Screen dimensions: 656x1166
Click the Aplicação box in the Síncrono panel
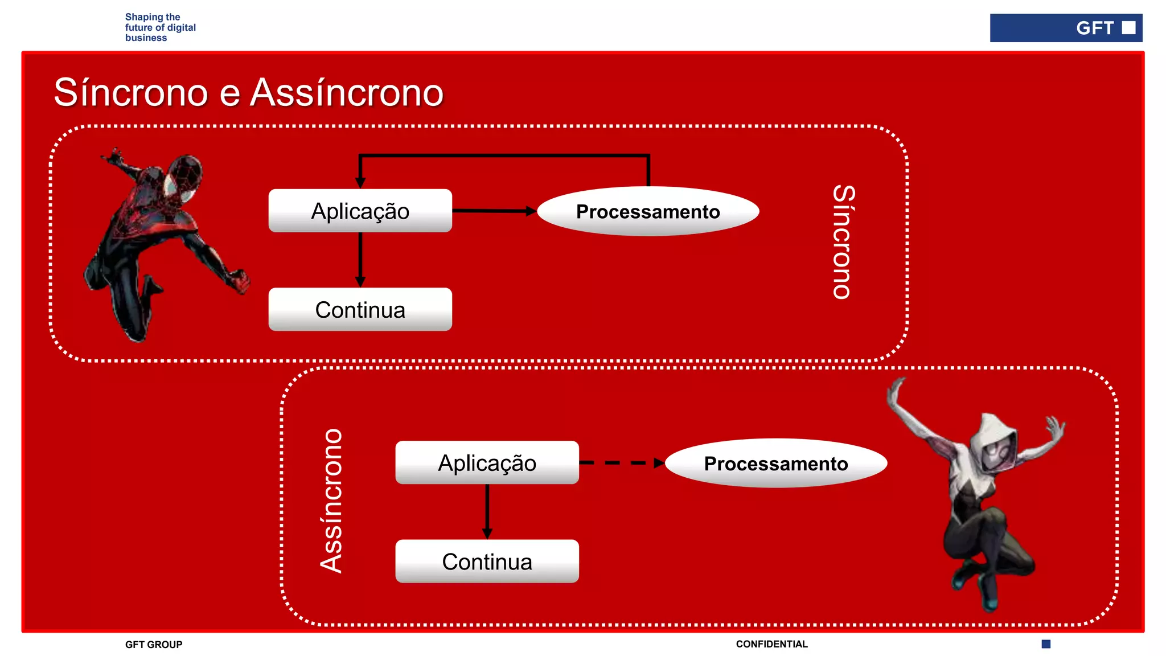[x=360, y=211]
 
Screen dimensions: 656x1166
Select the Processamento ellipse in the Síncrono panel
[x=648, y=211]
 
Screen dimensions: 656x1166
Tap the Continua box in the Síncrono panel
[x=360, y=309]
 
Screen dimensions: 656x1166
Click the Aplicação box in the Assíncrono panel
[x=487, y=462]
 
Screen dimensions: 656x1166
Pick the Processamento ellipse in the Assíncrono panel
[x=775, y=463]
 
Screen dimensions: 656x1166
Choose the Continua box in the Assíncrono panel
[x=487, y=561]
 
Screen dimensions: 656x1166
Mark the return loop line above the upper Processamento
[x=504, y=155]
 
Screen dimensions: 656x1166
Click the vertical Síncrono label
[x=843, y=242]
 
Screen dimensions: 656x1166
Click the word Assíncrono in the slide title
[x=347, y=92]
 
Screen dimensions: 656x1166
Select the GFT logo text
[x=1094, y=28]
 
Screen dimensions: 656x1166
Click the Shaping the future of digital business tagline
[x=160, y=27]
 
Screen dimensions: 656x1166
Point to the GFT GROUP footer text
[x=154, y=644]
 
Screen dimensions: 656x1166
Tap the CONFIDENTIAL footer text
[x=771, y=644]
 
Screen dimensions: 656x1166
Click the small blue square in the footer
[x=1046, y=644]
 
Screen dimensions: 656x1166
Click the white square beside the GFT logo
[x=1128, y=28]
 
